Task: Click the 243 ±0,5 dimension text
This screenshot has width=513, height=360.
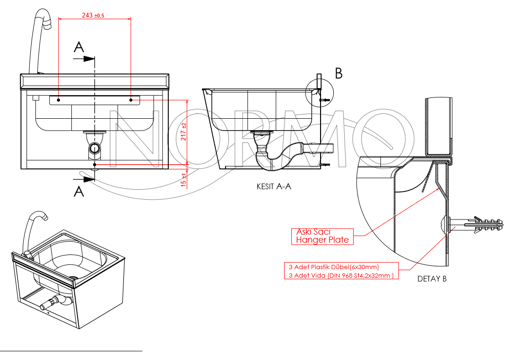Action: (x=93, y=16)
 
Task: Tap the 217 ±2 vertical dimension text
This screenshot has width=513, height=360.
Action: (x=183, y=132)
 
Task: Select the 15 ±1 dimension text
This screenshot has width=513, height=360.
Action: (x=183, y=179)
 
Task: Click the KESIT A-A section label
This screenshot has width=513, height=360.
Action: (x=274, y=187)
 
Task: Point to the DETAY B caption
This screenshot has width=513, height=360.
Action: (x=432, y=279)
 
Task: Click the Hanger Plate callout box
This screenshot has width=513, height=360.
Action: (x=322, y=236)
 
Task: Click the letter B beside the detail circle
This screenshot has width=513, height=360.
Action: (x=339, y=73)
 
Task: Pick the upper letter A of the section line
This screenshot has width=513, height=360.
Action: (x=79, y=47)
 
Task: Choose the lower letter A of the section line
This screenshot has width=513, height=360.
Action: (x=79, y=191)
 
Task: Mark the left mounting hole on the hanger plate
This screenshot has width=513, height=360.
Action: (x=58, y=100)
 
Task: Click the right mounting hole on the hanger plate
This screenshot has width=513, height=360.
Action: (x=131, y=100)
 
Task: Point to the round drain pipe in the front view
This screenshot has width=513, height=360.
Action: (x=95, y=149)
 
